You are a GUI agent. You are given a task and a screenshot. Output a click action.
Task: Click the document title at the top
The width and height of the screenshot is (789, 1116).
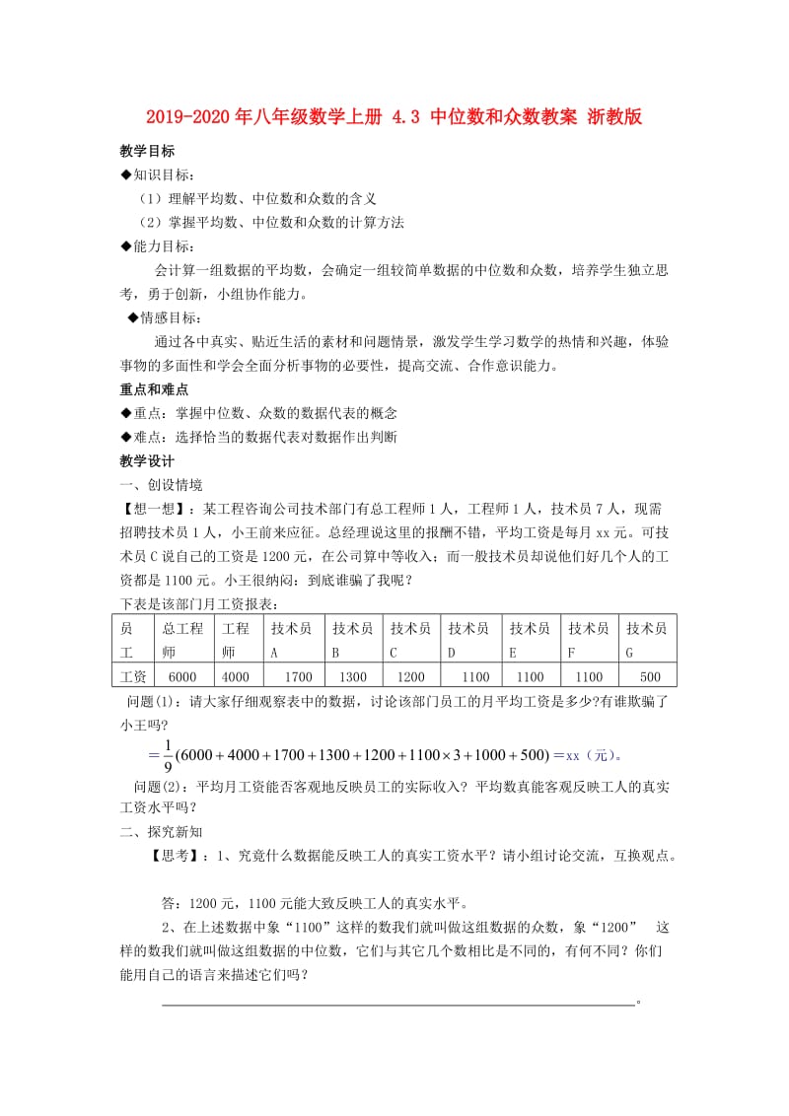[394, 117]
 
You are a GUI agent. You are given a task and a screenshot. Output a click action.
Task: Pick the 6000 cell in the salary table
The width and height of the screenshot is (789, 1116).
[183, 677]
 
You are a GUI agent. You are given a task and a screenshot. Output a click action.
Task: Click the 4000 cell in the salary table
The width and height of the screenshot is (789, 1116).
[237, 677]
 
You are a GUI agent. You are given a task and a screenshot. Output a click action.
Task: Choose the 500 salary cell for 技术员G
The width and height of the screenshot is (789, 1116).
[650, 677]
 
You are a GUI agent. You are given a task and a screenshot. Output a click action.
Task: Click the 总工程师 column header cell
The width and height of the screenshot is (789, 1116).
[183, 640]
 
